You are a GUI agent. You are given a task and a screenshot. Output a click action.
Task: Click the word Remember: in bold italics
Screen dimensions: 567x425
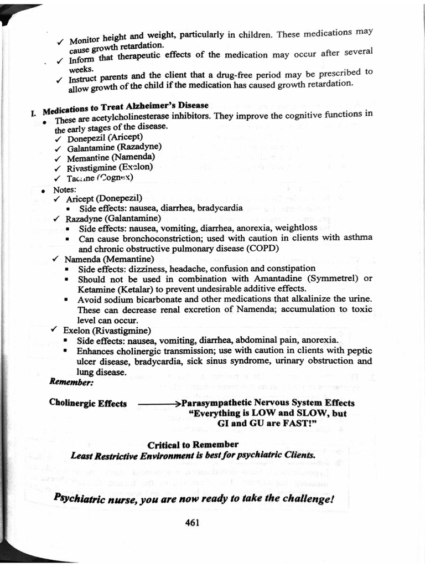[71, 382]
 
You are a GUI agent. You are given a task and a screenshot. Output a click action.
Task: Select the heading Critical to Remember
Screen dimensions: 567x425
[193, 445]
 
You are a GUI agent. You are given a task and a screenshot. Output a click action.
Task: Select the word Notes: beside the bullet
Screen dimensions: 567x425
[65, 189]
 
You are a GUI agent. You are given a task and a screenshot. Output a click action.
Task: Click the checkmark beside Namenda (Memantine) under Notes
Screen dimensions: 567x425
[55, 259]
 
